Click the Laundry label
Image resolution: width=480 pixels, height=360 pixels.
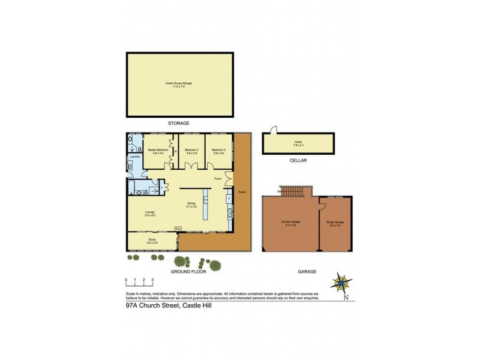click(x=135, y=157)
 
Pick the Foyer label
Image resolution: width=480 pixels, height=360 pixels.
click(x=218, y=179)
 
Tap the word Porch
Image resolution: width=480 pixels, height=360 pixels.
click(x=241, y=193)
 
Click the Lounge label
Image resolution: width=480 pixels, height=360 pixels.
click(x=150, y=212)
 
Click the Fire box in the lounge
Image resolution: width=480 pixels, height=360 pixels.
click(x=178, y=229)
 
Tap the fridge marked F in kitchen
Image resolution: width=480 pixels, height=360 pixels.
click(x=229, y=197)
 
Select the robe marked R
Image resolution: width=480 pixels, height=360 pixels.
click(x=175, y=151)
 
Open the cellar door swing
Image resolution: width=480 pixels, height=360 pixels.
click(x=273, y=130)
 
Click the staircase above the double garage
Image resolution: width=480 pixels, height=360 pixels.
click(x=293, y=191)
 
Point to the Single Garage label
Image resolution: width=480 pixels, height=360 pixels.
click(x=335, y=224)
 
